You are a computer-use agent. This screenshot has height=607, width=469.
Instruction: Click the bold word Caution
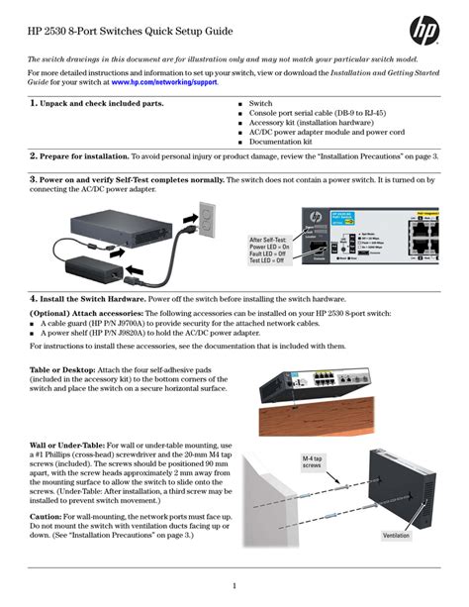(x=46, y=516)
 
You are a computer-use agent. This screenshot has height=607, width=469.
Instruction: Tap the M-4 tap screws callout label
(x=284, y=464)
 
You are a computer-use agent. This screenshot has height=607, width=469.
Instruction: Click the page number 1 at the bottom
(x=234, y=585)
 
